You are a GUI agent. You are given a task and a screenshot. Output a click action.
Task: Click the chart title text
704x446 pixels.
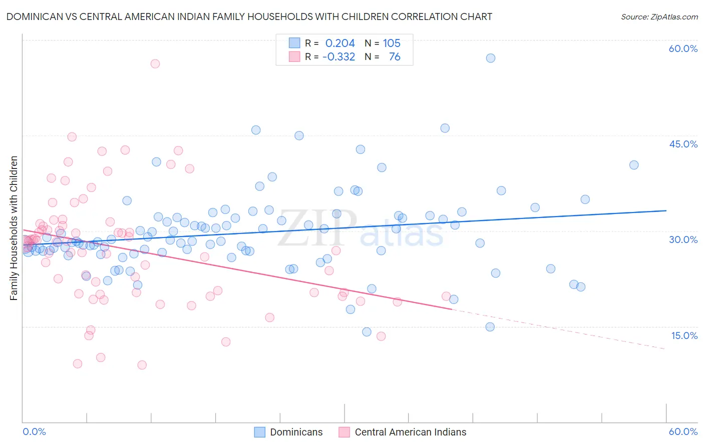point(249,16)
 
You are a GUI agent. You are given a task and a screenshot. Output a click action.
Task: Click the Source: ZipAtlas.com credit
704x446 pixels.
point(659,16)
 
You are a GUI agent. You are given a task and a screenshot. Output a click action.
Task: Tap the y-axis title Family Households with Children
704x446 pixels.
point(14,228)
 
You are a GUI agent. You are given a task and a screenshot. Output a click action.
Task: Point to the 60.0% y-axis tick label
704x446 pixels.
point(683,48)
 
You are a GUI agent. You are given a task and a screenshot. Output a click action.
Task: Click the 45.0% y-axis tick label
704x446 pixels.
point(683,144)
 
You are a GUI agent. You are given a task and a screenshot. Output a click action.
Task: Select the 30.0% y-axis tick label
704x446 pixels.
point(683,239)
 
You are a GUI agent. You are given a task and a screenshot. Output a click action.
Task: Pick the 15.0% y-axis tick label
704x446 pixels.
point(684,335)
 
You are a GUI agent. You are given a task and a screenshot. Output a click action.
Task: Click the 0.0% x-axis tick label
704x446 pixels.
point(34,432)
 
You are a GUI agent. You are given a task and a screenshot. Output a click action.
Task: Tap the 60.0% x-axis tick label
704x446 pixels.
point(683,432)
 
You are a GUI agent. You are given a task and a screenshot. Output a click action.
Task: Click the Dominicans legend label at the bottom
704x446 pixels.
point(296,432)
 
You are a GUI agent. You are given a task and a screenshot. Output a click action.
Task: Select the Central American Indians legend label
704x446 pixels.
point(410,432)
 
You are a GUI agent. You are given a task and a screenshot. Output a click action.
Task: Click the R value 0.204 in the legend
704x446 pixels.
point(340,43)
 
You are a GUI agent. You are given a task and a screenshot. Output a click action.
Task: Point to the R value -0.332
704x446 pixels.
point(338,57)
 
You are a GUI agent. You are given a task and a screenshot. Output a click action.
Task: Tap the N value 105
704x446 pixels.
point(392,43)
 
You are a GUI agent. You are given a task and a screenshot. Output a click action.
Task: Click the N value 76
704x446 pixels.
point(395,57)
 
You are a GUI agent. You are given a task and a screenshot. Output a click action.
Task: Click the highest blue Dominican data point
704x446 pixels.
point(491,58)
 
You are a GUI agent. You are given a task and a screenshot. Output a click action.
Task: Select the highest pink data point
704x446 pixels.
point(155,63)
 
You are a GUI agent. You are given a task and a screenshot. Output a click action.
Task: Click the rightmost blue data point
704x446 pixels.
point(634,165)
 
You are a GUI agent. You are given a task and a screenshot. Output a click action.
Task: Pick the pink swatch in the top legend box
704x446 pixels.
point(294,57)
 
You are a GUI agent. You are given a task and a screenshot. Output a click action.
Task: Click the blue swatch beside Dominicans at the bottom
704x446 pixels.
point(259,432)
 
